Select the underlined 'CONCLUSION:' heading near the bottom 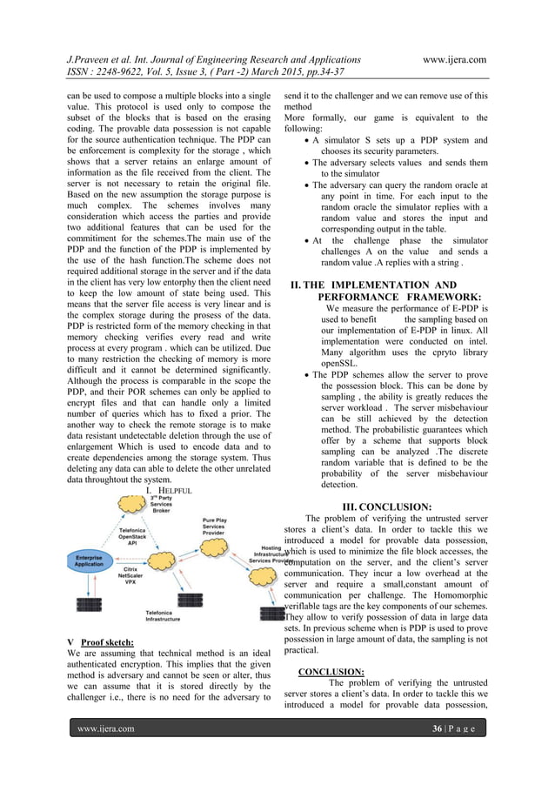(x=331, y=672)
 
